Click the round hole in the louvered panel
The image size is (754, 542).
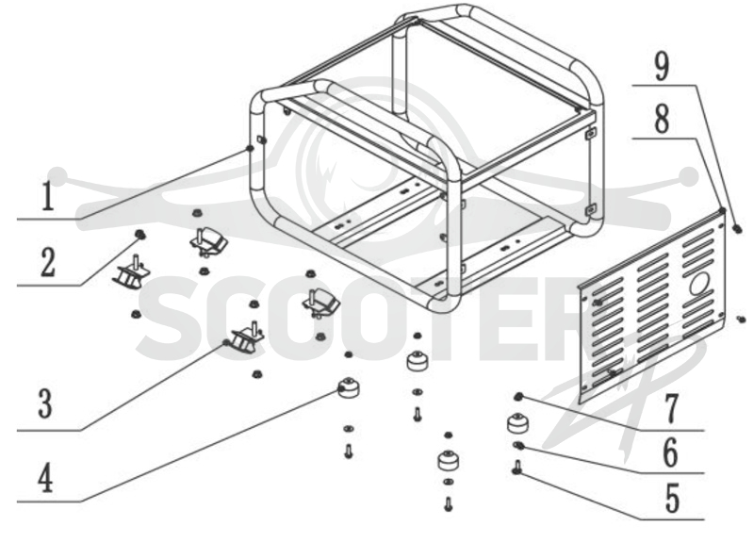point(701,284)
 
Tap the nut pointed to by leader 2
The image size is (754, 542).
point(139,235)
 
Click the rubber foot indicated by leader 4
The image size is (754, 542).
point(348,387)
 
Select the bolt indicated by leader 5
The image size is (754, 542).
point(517,467)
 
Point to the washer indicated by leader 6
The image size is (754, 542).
point(518,445)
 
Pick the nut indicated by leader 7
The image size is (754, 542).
point(519,397)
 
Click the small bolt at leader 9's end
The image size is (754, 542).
point(737,229)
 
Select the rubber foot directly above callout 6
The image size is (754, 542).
point(518,423)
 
